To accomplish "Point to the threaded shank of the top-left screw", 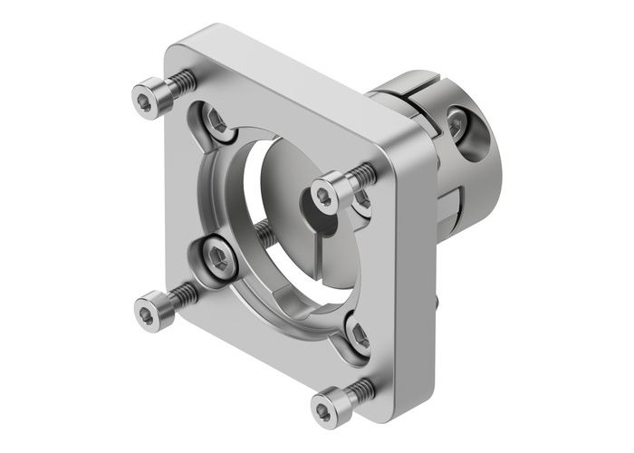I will click(x=182, y=82).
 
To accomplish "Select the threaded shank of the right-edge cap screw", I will click(x=363, y=172).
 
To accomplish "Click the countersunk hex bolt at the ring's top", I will click(x=217, y=121).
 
